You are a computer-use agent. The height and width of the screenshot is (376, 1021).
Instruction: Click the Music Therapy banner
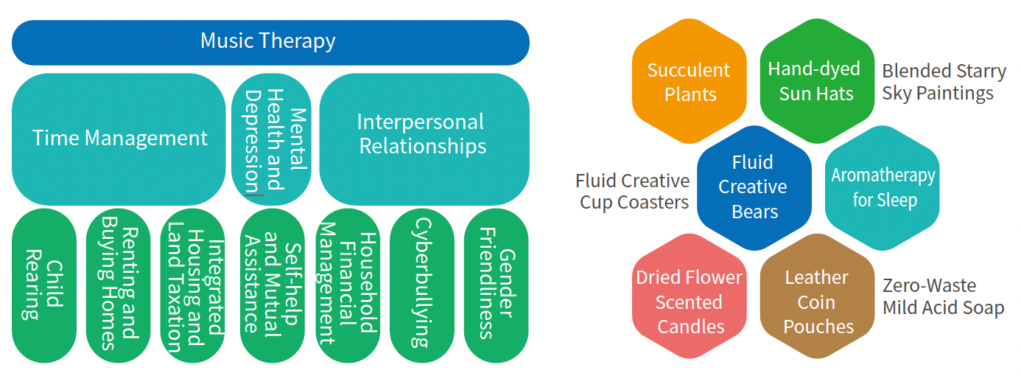pyautogui.click(x=271, y=43)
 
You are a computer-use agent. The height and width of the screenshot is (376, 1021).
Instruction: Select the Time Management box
pyautogui.click(x=119, y=139)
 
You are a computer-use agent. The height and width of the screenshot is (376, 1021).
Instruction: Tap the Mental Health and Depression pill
pyautogui.click(x=271, y=139)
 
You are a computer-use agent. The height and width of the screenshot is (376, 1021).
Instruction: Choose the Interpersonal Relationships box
pyautogui.click(x=424, y=139)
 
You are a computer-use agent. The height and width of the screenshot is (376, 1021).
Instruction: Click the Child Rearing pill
pyautogui.click(x=44, y=285)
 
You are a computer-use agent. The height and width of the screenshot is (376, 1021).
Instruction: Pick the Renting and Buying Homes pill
pyautogui.click(x=118, y=285)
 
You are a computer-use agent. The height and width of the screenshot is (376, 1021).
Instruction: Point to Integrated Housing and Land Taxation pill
pyautogui.click(x=193, y=285)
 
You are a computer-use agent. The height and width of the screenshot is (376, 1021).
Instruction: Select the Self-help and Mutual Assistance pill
pyautogui.click(x=272, y=285)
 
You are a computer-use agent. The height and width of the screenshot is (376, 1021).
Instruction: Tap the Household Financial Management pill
pyautogui.click(x=348, y=285)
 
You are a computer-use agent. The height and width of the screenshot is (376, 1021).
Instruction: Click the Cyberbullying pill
pyautogui.click(x=422, y=285)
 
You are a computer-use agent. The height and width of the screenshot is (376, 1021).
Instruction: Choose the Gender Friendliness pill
pyautogui.click(x=497, y=285)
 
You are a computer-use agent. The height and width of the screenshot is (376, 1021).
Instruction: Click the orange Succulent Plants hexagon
pyautogui.click(x=690, y=81)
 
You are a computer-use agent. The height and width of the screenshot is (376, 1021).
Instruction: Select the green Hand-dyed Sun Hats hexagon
pyautogui.click(x=817, y=81)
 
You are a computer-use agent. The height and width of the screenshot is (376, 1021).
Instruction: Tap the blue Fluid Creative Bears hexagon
pyautogui.click(x=754, y=188)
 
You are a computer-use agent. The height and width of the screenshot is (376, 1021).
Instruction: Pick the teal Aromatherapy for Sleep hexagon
pyautogui.click(x=883, y=188)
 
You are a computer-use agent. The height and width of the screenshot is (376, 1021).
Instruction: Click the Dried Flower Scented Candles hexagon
pyautogui.click(x=690, y=296)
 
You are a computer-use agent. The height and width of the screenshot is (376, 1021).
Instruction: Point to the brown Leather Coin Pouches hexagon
pyautogui.click(x=817, y=296)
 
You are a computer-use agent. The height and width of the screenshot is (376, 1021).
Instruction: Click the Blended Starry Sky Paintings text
pyautogui.click(x=944, y=82)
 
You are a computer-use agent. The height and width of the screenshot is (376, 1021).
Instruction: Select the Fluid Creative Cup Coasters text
pyautogui.click(x=633, y=192)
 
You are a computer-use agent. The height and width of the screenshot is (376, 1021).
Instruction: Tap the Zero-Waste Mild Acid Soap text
pyautogui.click(x=943, y=296)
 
